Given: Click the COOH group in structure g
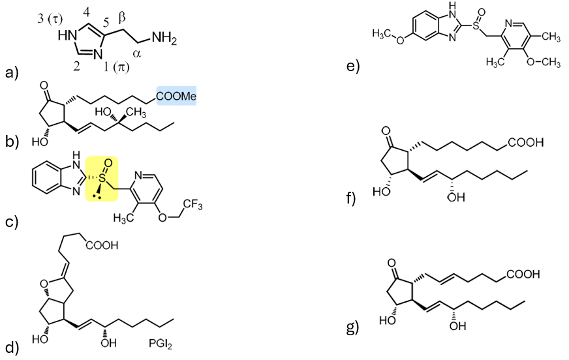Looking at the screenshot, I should pyautogui.click(x=521, y=275).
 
